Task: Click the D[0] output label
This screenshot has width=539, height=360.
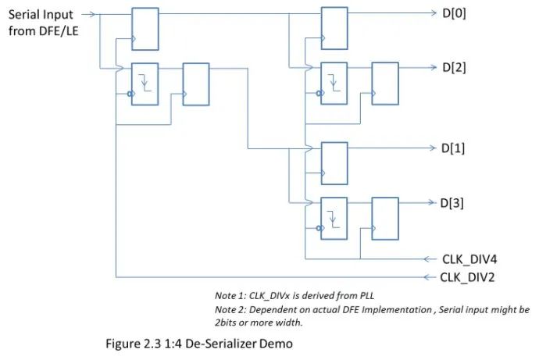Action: click(x=454, y=13)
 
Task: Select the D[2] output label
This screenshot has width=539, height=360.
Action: click(x=454, y=67)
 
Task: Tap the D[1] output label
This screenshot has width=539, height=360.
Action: click(x=454, y=148)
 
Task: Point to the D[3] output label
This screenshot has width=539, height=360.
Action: click(x=454, y=203)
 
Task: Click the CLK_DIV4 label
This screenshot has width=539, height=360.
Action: click(x=467, y=258)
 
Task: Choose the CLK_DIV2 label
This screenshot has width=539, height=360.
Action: click(x=467, y=276)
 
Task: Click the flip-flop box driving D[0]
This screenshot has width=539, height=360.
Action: click(x=335, y=28)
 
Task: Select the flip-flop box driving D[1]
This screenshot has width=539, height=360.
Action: click(x=335, y=162)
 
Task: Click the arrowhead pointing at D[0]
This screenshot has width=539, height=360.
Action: click(x=433, y=13)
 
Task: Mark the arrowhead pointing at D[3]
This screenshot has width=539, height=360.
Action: click(x=433, y=203)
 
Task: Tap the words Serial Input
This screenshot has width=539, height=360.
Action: click(x=41, y=14)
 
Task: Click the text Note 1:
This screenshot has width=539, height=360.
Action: click(x=230, y=296)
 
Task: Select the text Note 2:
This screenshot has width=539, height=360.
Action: click(x=230, y=309)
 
